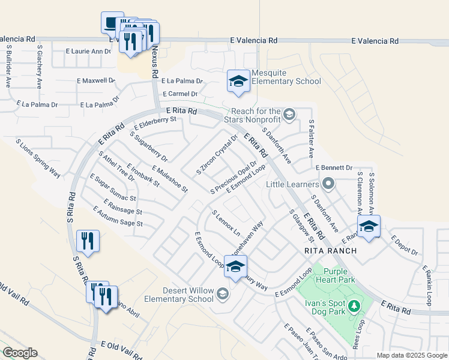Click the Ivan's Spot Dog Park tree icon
pos(354,307)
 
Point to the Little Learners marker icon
pos(328,183)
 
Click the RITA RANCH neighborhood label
pos(330,250)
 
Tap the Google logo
pos(20,353)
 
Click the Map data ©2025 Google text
pos(411,355)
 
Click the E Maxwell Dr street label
pos(95,80)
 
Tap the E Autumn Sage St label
pos(118,216)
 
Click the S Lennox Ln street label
pos(226,223)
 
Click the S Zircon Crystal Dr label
pos(217,154)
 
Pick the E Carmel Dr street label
pos(180,94)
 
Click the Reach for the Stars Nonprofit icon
pos(289,114)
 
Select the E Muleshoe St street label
pos(170,179)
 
